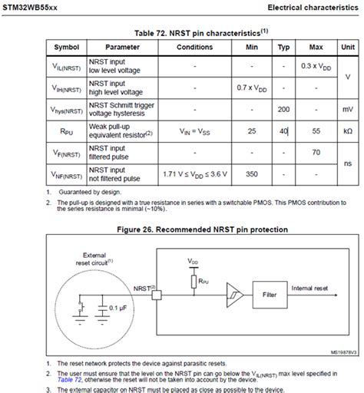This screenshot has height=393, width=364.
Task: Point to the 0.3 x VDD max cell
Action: point(316,66)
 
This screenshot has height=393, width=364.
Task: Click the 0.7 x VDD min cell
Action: point(251,88)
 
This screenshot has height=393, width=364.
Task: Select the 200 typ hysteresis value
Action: point(283,110)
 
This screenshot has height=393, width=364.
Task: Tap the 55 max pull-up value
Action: point(316,131)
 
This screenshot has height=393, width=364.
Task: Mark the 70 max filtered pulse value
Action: point(316,153)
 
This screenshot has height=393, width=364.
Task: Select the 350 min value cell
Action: point(251,174)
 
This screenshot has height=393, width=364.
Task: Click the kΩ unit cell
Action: point(348,131)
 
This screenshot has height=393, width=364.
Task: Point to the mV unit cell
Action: point(348,110)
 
